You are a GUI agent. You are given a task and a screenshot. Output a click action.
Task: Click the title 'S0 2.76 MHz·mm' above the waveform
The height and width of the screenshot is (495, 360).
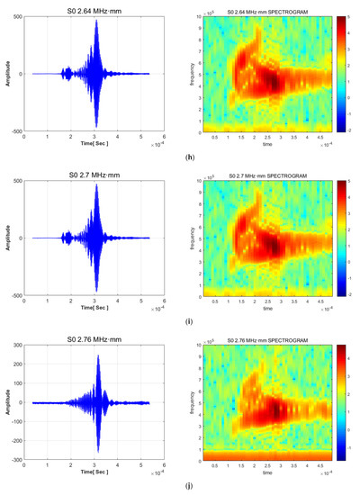click(x=96, y=335)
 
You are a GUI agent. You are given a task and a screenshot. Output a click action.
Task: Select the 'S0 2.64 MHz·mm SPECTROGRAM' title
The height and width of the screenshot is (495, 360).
click(x=265, y=12)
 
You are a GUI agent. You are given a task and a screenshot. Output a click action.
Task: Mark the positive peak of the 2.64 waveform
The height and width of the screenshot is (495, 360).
click(x=96, y=21)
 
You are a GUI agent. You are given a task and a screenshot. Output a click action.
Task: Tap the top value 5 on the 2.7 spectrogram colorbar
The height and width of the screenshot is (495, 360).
click(x=342, y=181)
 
